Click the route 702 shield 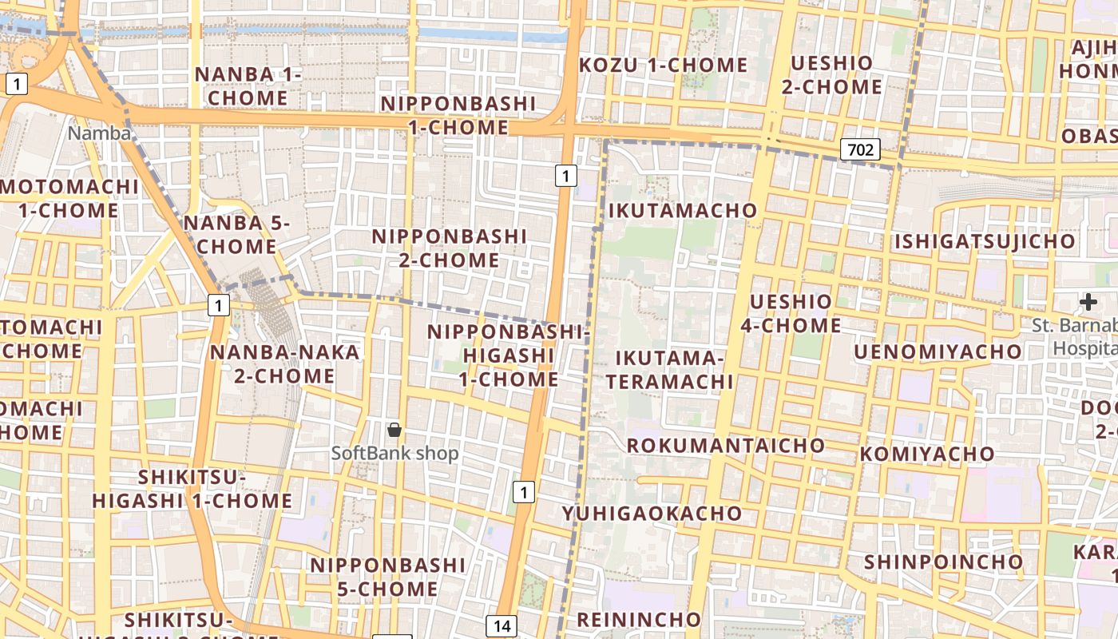(x=859, y=149)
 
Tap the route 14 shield (x=502, y=626)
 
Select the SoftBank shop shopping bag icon (x=394, y=430)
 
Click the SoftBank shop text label (x=395, y=454)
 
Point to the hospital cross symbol (x=1088, y=302)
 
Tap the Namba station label (x=99, y=133)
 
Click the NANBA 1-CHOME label (x=248, y=86)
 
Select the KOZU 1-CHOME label (x=663, y=65)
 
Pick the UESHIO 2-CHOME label (x=831, y=74)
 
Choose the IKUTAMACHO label (x=683, y=211)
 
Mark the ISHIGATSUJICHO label (x=985, y=241)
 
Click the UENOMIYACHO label (x=938, y=351)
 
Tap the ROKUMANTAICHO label (x=726, y=446)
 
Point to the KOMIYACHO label (x=927, y=454)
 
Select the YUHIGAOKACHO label (x=652, y=514)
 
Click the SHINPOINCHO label (x=943, y=562)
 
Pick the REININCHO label (x=638, y=619)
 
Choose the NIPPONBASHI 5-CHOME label (x=387, y=577)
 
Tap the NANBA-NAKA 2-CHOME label (x=284, y=363)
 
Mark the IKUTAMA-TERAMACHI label (x=669, y=369)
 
